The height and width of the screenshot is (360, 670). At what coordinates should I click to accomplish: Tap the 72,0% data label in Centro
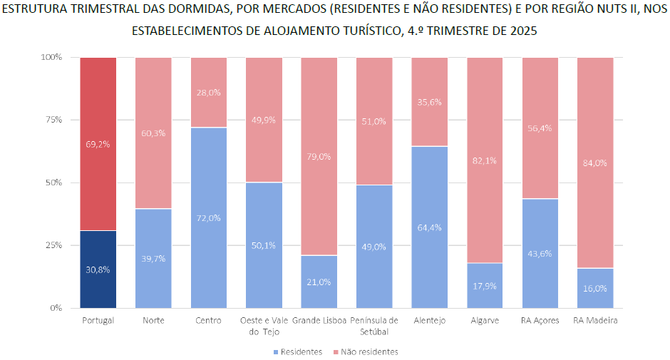coord(209,217)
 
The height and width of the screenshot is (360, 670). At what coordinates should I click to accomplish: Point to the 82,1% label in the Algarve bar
coord(485,160)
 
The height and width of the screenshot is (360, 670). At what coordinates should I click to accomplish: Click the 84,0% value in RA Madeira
coord(595,163)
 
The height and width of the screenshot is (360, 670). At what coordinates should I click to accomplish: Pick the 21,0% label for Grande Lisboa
coord(319,282)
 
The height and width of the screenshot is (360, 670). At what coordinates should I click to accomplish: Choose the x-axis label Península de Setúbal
coord(374,326)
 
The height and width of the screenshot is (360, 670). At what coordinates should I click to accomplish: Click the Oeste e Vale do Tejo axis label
coord(264,326)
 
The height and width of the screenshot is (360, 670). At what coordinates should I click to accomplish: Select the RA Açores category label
coord(540,321)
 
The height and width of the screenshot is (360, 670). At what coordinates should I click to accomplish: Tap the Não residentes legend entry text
coord(370,352)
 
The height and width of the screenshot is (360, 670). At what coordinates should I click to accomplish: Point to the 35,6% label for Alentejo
coord(430,102)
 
